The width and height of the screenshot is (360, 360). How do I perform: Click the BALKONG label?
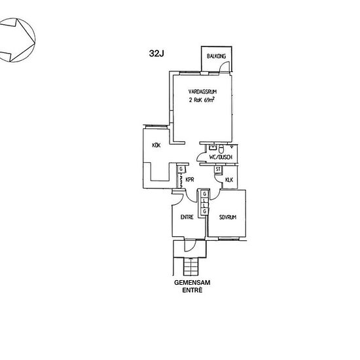click(x=216, y=56)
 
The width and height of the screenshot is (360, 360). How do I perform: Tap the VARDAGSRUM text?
click(x=202, y=92)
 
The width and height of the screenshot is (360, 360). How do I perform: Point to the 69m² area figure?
click(x=209, y=100)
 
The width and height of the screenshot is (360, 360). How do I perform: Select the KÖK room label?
click(x=156, y=145)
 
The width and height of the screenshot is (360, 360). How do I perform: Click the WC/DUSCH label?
click(x=221, y=157)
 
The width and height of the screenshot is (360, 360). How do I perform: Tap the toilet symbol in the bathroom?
click(x=221, y=149)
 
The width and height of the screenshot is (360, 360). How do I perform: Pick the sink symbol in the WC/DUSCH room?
click(x=213, y=148)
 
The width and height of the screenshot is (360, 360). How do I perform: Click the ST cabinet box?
click(x=218, y=170)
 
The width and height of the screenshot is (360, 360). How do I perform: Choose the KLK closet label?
click(x=229, y=180)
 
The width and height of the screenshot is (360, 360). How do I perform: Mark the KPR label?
click(x=190, y=179)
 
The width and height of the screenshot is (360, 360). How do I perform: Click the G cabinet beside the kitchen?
click(x=181, y=170)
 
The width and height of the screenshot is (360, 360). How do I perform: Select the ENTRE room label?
click(x=187, y=217)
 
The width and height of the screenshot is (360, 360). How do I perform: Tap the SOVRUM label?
click(x=228, y=217)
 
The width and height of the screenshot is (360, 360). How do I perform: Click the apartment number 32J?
click(x=156, y=53)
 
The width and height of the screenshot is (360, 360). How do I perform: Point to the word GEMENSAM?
click(x=192, y=282)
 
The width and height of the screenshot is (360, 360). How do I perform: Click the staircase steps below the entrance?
click(x=190, y=266)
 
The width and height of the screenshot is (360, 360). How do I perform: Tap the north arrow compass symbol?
click(x=17, y=40)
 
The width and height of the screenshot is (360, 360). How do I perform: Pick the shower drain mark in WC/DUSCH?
click(x=232, y=146)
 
